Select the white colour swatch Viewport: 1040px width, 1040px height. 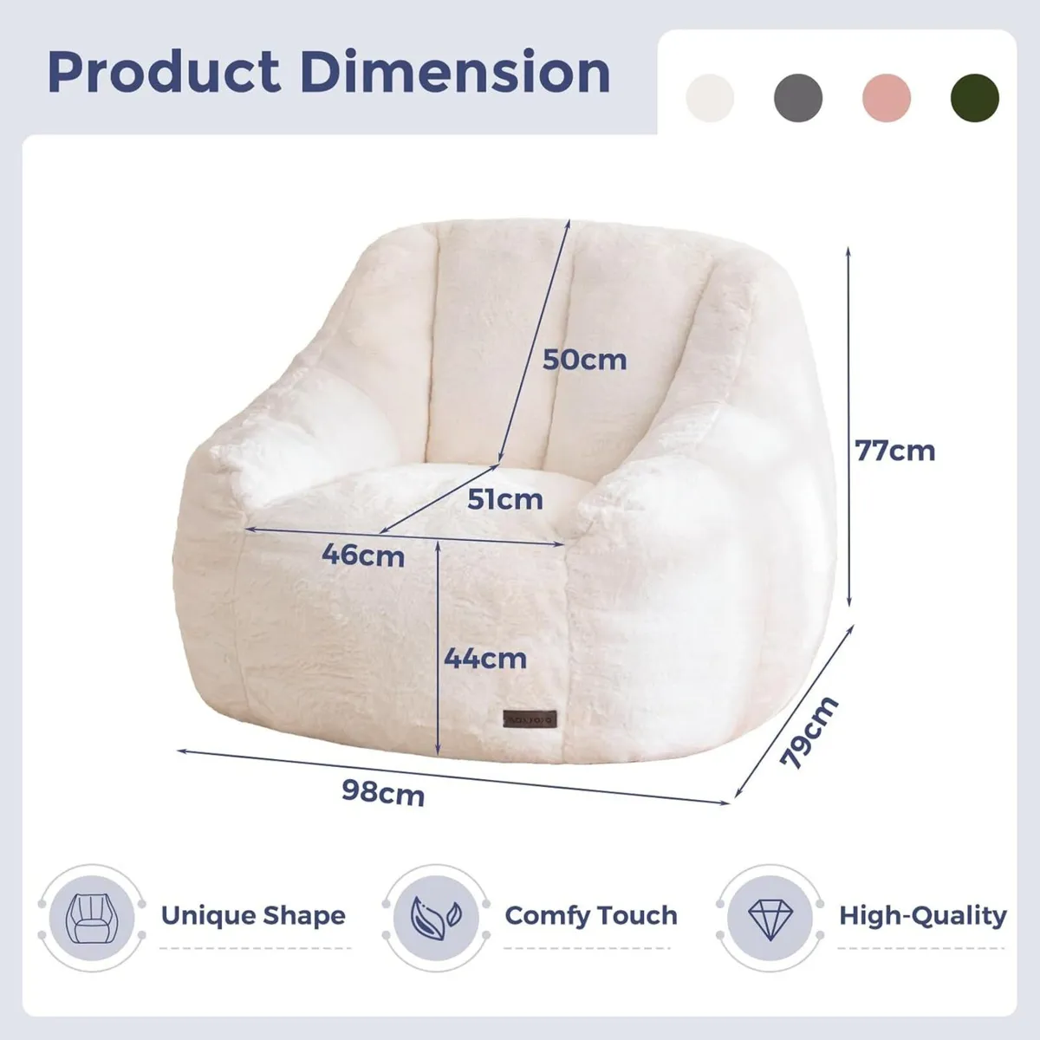710,97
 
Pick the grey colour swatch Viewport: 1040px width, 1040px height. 798,97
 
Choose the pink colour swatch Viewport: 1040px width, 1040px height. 887,97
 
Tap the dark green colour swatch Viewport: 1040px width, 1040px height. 975,97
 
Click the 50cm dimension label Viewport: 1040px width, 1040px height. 584,359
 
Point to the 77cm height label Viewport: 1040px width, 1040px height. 895,451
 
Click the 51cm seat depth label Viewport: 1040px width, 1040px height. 504,499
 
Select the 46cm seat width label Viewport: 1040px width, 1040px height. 363,555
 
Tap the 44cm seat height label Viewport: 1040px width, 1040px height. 485,659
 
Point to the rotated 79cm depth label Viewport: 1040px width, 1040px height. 809,732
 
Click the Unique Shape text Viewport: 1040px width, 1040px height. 253,916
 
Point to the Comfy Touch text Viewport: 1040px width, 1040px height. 591,916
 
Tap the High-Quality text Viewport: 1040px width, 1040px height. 922,916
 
